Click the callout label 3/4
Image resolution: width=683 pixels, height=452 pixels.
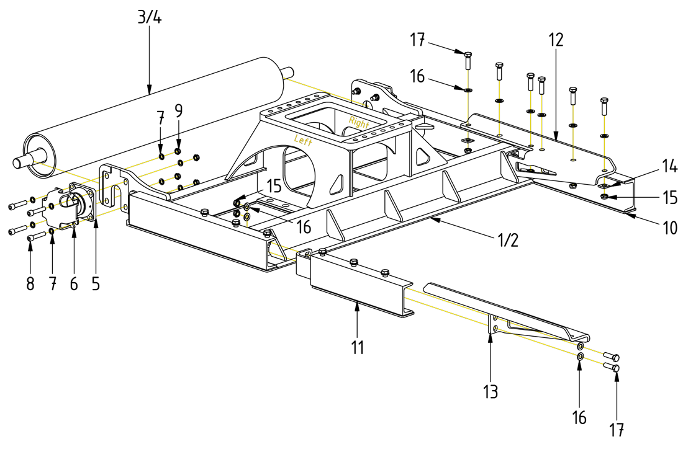[x=149, y=17]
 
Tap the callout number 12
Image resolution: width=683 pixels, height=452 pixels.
[x=556, y=40]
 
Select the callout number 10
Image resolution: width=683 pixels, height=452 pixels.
[x=669, y=228]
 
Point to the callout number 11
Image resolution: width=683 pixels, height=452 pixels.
[x=357, y=347]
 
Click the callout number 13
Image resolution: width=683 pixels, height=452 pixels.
[x=491, y=391]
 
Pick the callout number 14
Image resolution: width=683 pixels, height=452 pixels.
[x=669, y=166]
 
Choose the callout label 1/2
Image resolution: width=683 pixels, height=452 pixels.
[x=508, y=240]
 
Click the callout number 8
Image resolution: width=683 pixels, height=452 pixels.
[x=30, y=285]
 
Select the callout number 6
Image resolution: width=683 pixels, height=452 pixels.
[x=74, y=285]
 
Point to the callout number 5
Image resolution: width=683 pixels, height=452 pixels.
[x=96, y=285]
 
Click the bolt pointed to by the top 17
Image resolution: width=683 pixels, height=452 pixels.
[x=468, y=60]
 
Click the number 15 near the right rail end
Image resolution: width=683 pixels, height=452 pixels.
[x=669, y=198]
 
